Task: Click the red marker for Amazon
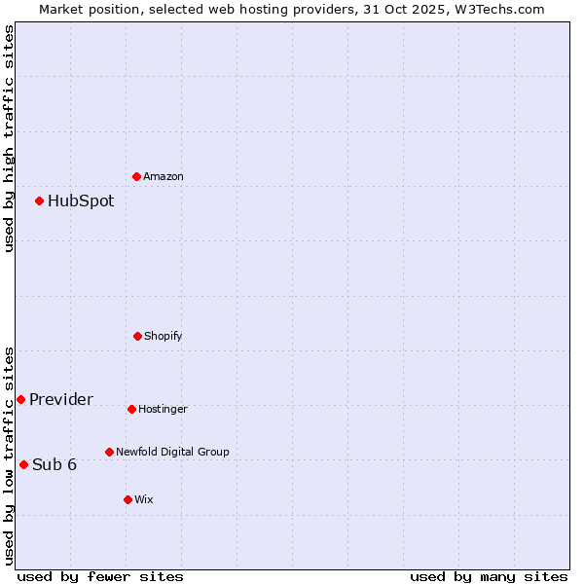click(137, 176)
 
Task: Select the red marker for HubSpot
click(40, 201)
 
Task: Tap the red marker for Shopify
click(137, 336)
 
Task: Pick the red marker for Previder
click(20, 399)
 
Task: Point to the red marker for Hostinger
click(131, 409)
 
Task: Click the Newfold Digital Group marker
click(109, 452)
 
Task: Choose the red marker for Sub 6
click(23, 464)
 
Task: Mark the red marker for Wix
click(128, 499)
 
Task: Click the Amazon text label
click(164, 176)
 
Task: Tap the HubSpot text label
click(81, 201)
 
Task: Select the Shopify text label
click(164, 336)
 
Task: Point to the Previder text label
click(61, 400)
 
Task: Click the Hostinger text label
click(163, 409)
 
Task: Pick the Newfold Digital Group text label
click(172, 452)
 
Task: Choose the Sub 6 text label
click(55, 464)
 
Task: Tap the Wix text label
click(144, 499)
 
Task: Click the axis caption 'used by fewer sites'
click(100, 576)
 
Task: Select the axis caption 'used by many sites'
click(489, 576)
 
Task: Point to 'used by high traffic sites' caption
click(9, 138)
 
